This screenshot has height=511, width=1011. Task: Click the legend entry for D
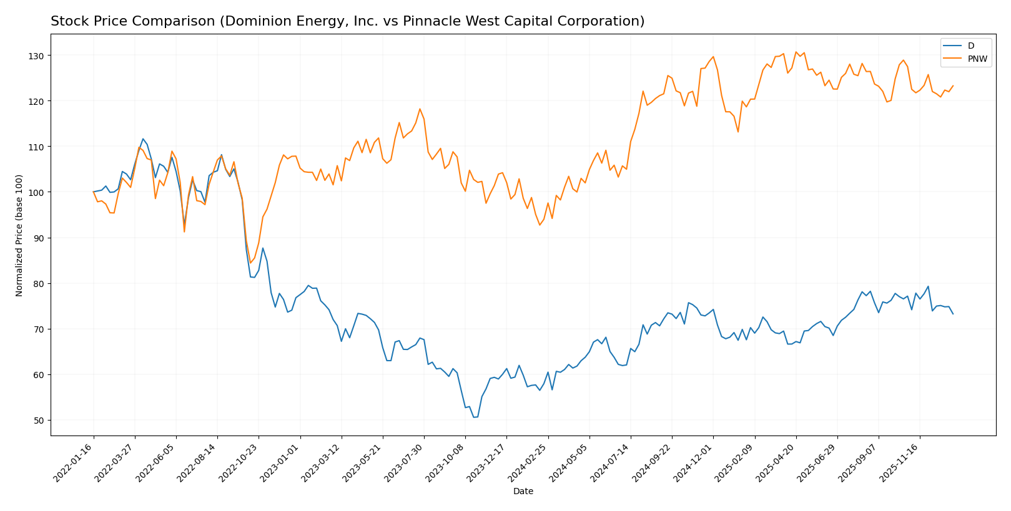(965, 46)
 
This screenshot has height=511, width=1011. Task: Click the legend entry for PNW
(965, 59)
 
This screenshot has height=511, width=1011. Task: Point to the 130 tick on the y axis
(39, 56)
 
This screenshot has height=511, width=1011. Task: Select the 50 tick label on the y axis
(39, 421)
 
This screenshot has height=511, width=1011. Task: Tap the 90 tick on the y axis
(39, 238)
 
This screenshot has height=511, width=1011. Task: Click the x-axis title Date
(523, 492)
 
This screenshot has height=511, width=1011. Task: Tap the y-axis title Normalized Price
(19, 235)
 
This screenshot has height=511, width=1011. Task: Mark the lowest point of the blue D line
(474, 417)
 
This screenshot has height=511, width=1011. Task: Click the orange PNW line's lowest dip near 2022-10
(250, 263)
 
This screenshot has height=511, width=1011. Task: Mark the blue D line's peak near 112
(142, 139)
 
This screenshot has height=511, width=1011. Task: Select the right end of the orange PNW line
(953, 86)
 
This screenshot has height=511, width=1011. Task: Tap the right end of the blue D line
(953, 314)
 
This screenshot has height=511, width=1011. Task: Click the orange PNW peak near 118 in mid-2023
(420, 109)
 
